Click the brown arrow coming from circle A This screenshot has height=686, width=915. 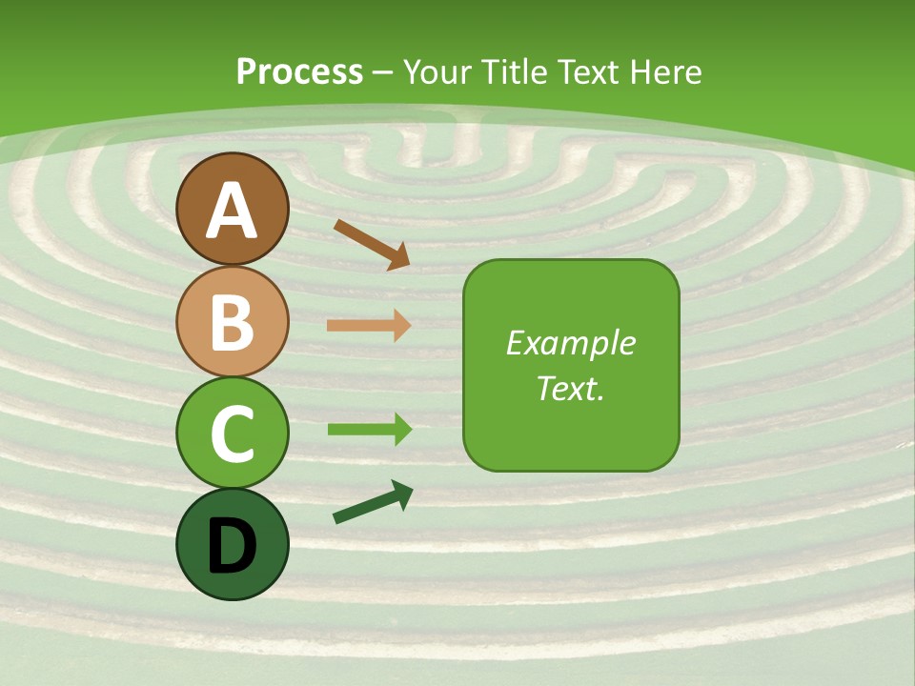click(x=372, y=244)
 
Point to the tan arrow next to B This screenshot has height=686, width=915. click(x=369, y=326)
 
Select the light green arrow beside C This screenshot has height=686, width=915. click(x=369, y=430)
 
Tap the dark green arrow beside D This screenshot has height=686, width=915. click(x=373, y=503)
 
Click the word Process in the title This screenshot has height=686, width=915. click(x=299, y=71)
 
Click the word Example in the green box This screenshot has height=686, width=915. click(x=570, y=343)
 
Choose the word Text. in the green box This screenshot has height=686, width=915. click(x=570, y=389)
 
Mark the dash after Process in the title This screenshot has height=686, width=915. click(x=383, y=72)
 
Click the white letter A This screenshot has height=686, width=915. click(x=233, y=212)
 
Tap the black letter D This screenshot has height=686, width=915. click(x=233, y=546)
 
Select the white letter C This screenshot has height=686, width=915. click(x=233, y=434)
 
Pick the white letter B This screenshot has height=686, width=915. click(x=233, y=322)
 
